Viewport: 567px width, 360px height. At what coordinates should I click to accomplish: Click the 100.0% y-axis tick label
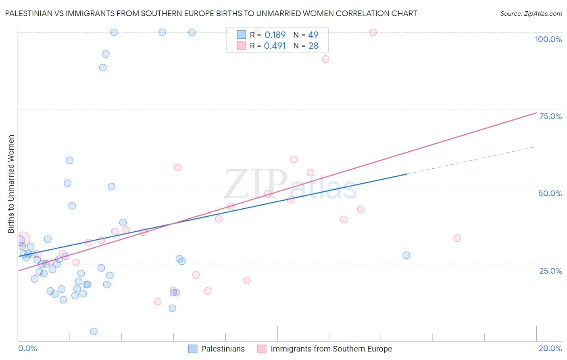pyautogui.click(x=548, y=39)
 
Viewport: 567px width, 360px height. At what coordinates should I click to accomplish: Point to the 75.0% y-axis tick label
pyautogui.click(x=550, y=116)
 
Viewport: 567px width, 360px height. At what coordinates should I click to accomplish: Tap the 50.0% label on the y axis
pyautogui.click(x=550, y=193)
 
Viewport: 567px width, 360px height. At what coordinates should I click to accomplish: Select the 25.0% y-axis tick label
pyautogui.click(x=550, y=270)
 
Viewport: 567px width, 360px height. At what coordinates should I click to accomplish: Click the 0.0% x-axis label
pyautogui.click(x=27, y=348)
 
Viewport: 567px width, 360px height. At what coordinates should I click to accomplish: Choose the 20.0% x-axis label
pyautogui.click(x=550, y=348)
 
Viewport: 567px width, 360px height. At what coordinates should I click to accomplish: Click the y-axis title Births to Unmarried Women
pyautogui.click(x=11, y=184)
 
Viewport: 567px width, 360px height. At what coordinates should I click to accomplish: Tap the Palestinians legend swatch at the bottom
pyautogui.click(x=193, y=349)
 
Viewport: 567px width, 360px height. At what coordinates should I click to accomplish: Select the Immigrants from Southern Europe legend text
pyautogui.click(x=331, y=349)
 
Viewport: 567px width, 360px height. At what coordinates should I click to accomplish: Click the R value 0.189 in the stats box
pyautogui.click(x=275, y=35)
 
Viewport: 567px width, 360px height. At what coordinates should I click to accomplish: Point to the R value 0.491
pyautogui.click(x=275, y=46)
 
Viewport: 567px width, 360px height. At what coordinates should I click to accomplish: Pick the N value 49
pyautogui.click(x=313, y=35)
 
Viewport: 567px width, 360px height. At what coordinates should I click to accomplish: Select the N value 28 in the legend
pyautogui.click(x=313, y=46)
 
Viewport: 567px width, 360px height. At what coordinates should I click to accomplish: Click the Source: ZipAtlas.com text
pyautogui.click(x=531, y=14)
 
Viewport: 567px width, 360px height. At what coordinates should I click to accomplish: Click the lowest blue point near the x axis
pyautogui.click(x=94, y=331)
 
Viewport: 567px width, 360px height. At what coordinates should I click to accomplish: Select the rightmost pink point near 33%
pyautogui.click(x=457, y=238)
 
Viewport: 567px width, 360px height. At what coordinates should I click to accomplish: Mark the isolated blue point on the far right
pyautogui.click(x=406, y=255)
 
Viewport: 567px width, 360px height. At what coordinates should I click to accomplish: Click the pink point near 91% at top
pyautogui.click(x=325, y=59)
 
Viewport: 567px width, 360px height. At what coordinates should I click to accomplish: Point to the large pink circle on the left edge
pyautogui.click(x=23, y=239)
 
